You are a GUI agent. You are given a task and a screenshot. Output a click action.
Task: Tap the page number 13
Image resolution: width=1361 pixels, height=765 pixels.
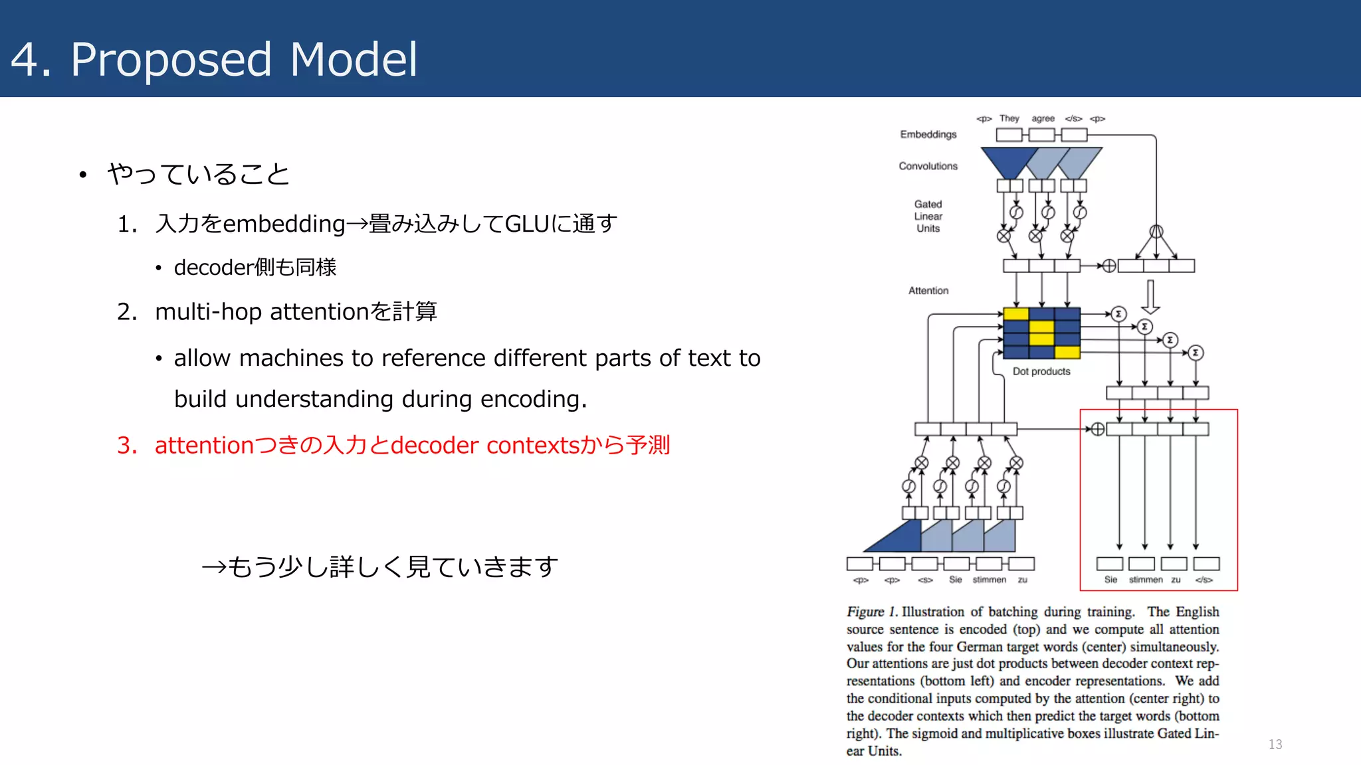tap(1275, 744)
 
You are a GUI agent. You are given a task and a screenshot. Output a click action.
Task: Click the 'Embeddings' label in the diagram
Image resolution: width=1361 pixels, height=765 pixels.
tap(928, 134)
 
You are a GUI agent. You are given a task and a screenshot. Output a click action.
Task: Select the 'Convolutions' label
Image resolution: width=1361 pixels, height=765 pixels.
tap(928, 166)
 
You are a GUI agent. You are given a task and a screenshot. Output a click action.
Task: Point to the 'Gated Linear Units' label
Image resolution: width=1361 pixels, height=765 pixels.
tap(928, 216)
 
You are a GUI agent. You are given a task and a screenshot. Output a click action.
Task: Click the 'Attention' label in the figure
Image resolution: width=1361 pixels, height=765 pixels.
tap(928, 290)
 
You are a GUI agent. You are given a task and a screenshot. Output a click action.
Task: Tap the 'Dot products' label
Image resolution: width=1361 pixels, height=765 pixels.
tap(1041, 371)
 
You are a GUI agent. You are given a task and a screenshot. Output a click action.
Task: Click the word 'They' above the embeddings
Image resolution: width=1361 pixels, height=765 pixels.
tap(1009, 118)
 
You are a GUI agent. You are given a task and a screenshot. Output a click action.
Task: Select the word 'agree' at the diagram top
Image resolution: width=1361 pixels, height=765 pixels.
tap(1043, 118)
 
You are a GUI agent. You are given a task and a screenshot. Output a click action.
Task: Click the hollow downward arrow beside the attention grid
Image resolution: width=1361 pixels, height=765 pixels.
tap(1150, 297)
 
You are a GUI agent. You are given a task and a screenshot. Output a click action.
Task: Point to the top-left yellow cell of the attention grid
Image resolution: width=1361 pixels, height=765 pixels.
tap(1015, 314)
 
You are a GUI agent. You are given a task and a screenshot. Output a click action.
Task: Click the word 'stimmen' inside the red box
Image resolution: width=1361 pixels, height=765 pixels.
tap(1146, 580)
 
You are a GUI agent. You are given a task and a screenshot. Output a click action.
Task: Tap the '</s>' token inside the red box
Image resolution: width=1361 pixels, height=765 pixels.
tap(1204, 580)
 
